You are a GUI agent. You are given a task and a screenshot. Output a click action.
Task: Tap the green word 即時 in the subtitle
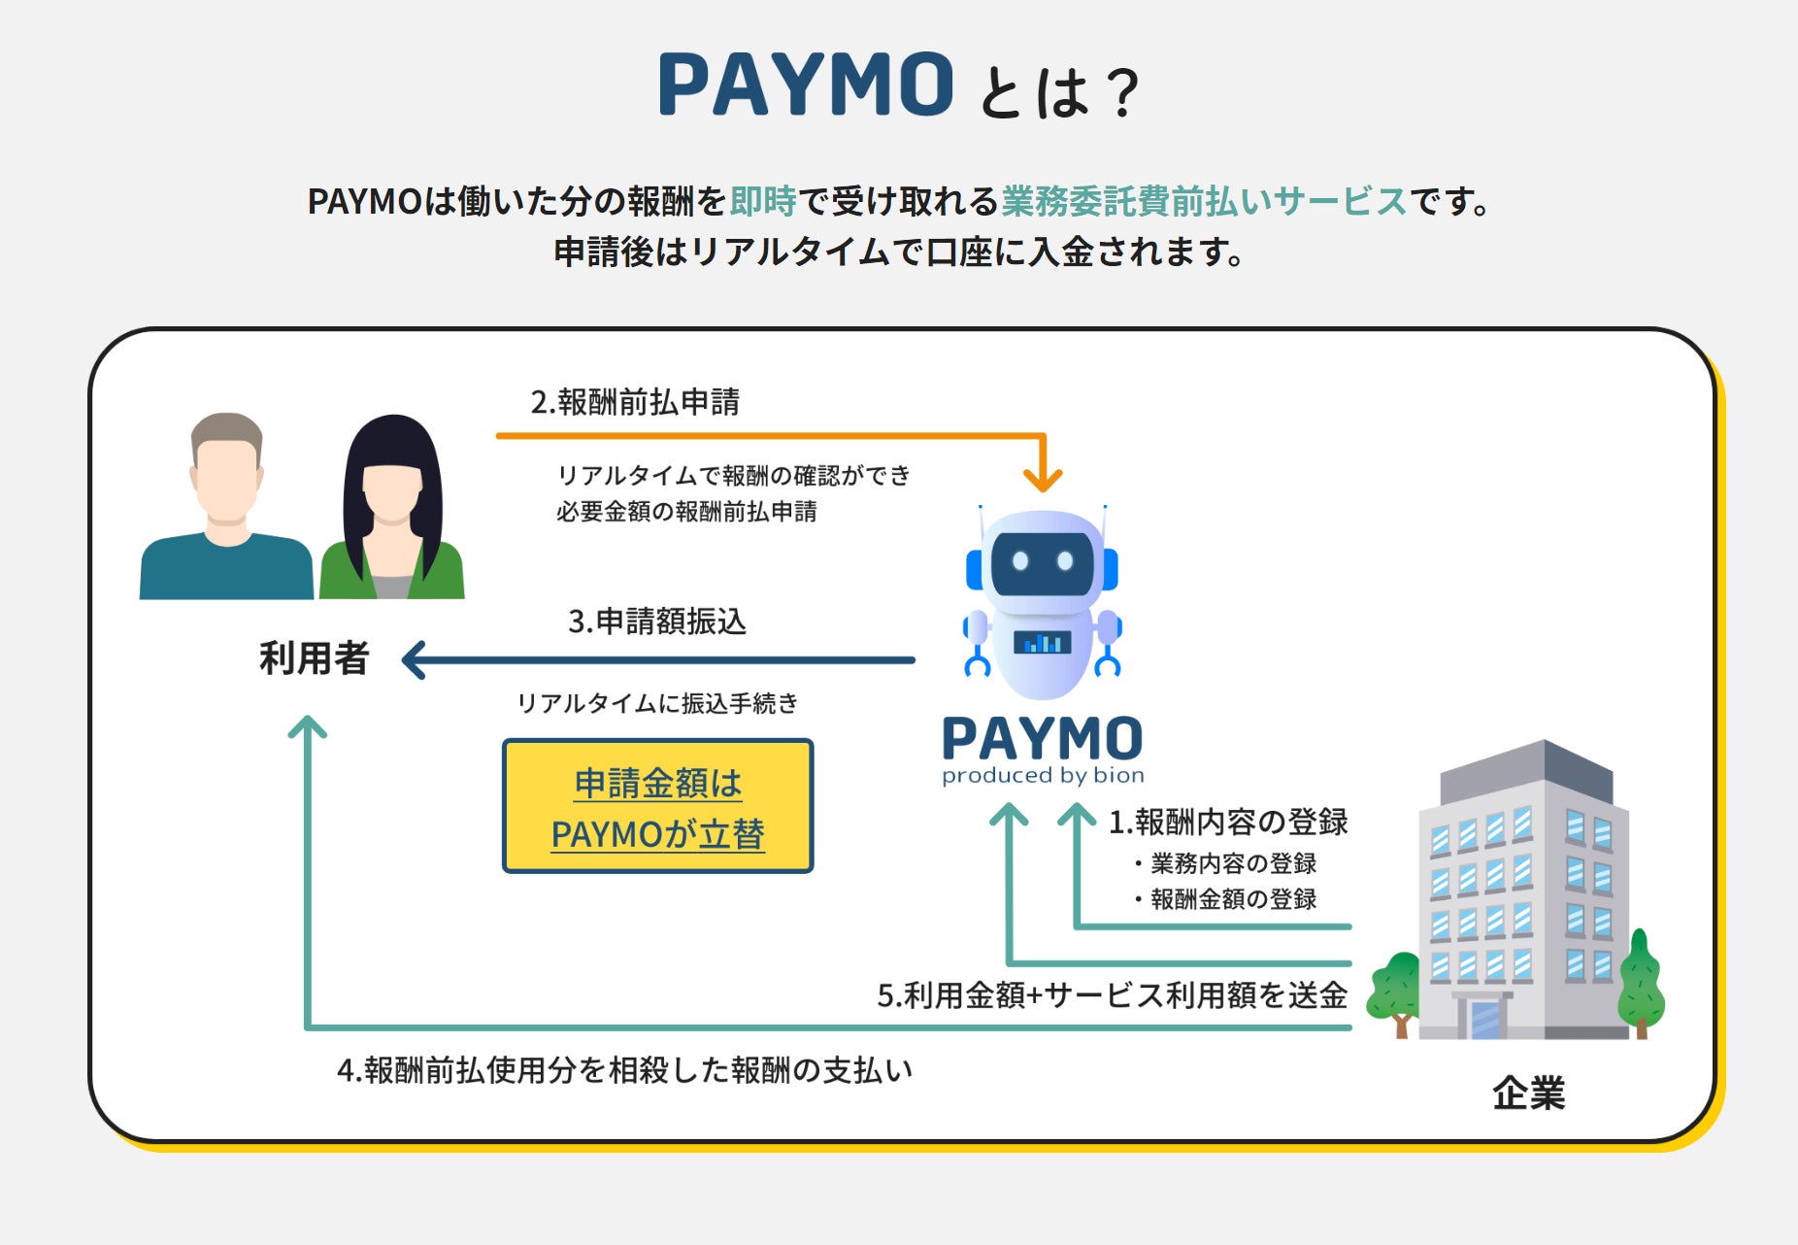click(x=763, y=201)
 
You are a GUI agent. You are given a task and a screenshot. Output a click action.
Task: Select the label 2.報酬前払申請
click(x=635, y=402)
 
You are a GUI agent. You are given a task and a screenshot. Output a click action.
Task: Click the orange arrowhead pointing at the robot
click(x=1043, y=479)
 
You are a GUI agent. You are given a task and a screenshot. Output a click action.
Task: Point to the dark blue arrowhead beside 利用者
click(x=415, y=660)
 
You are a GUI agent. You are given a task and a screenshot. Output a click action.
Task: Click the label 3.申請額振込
click(x=657, y=622)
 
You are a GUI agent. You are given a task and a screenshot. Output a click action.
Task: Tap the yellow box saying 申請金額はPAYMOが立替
click(x=657, y=807)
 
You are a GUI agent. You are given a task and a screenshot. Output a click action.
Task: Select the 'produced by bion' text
click(x=1043, y=775)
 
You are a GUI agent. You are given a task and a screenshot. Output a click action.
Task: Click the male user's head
click(x=227, y=466)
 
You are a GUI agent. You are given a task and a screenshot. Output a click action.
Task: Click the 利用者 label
click(x=314, y=659)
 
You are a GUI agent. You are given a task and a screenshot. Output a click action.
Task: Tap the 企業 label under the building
click(x=1529, y=1094)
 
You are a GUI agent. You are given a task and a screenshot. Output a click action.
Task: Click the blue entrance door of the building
click(x=1484, y=1019)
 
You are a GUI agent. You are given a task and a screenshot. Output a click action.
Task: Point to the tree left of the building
click(x=1397, y=991)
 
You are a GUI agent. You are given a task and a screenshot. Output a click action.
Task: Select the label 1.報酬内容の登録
click(x=1228, y=823)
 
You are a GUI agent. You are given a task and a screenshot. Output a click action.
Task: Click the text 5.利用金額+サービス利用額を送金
click(x=1112, y=995)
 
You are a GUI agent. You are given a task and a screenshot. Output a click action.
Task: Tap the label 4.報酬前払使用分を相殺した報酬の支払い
click(x=624, y=1070)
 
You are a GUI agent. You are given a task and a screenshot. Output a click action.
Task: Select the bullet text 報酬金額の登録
click(x=1233, y=899)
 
